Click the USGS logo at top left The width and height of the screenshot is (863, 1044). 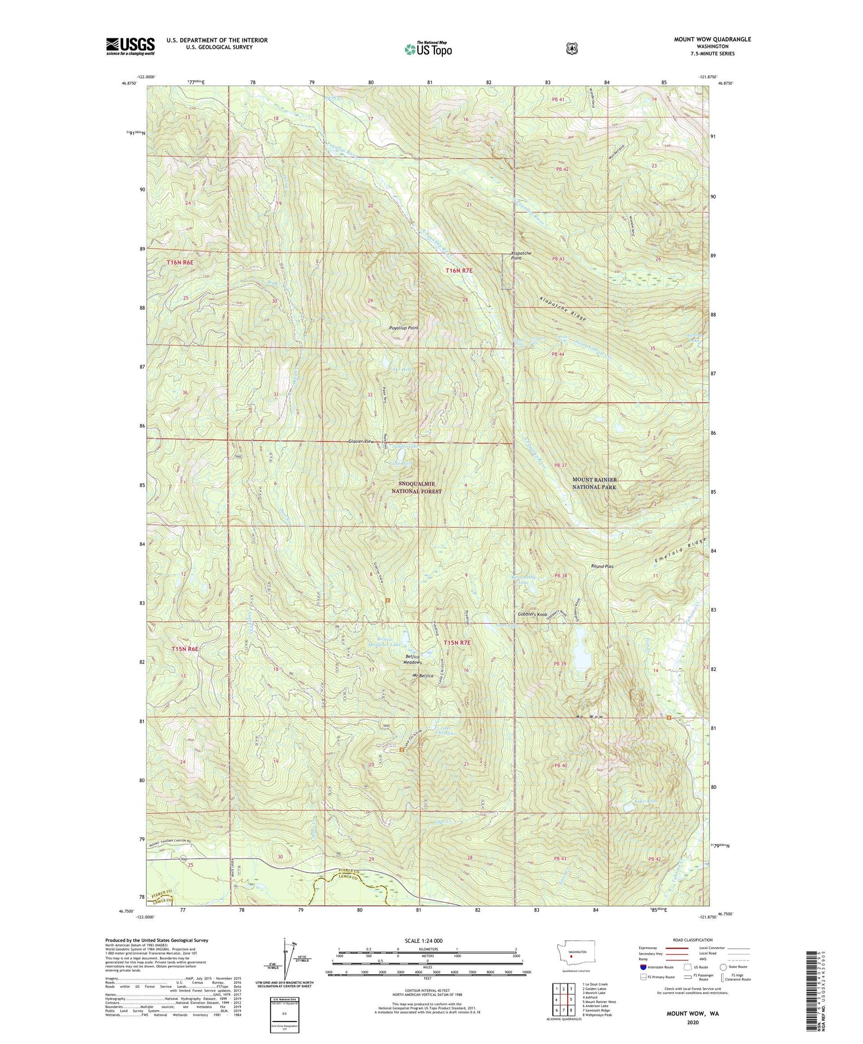pos(130,46)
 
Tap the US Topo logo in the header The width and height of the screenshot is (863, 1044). pos(429,49)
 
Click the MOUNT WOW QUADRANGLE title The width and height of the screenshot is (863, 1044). pos(704,39)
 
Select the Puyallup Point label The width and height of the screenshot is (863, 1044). pos(404,328)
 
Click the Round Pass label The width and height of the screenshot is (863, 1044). pos(602,566)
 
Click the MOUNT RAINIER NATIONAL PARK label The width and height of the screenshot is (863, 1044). pos(594,483)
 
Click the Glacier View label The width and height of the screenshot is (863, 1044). pos(361,441)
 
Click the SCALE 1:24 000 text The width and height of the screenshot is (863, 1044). pos(426,941)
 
